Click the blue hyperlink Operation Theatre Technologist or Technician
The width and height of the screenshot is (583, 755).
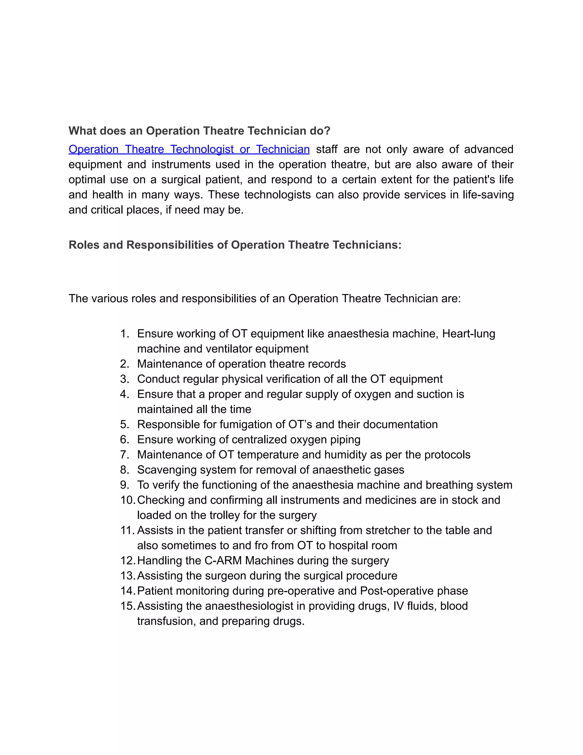coord(189,149)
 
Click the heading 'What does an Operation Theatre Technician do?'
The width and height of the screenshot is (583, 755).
coord(199,131)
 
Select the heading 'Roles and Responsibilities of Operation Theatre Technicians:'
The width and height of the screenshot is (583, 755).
coord(235,245)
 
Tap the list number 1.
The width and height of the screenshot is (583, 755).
coord(124,334)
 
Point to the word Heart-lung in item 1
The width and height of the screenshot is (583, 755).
coord(468,334)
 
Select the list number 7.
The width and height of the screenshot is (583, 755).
coord(124,455)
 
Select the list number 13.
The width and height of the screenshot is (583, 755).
coord(127,576)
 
